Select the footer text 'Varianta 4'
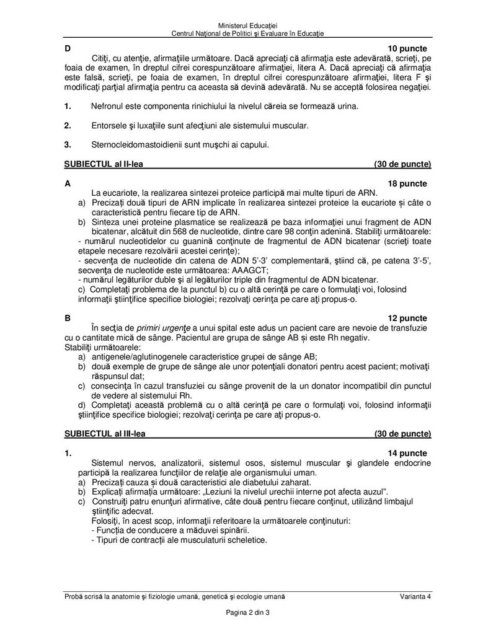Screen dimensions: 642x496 pos(415,596)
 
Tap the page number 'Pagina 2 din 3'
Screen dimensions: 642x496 pos(248,613)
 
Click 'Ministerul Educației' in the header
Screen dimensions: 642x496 pos(248,23)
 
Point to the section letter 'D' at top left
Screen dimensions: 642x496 pos(67,48)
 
